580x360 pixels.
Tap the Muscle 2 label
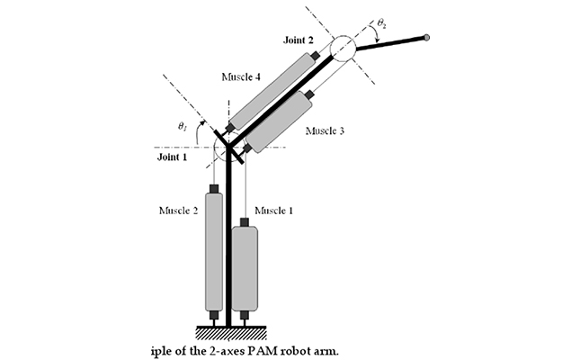coord(178,211)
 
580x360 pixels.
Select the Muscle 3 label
coord(325,130)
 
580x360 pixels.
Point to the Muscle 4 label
coord(240,76)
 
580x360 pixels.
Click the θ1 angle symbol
coord(183,128)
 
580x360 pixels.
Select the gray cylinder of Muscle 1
coord(245,267)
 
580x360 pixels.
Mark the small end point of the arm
coord(426,37)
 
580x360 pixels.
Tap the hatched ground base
coord(229,332)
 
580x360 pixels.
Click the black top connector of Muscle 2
coord(214,189)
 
